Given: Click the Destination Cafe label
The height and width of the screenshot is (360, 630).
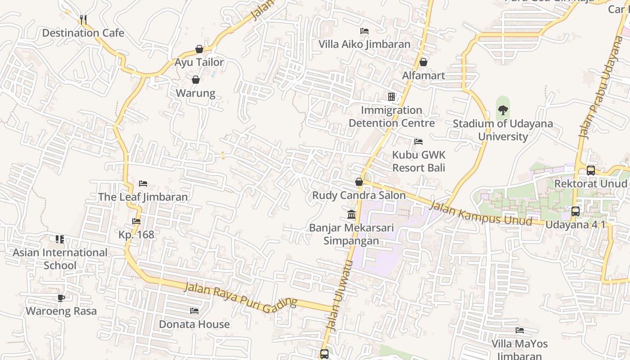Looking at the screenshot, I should coord(83,33).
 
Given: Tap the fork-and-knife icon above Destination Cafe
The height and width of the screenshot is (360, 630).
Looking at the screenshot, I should coord(83,19).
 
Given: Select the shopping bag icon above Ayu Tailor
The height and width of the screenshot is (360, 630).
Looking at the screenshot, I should coord(199,49).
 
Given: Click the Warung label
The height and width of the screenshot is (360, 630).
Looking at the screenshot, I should coord(195,93).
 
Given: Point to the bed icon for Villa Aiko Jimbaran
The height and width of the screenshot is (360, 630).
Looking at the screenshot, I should coord(364,31).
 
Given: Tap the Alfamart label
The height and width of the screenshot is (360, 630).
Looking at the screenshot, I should coord(423,75).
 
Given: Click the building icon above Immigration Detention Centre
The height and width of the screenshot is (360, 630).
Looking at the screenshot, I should coord(391,97).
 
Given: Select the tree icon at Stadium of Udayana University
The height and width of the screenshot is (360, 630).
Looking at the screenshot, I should coord(503,110).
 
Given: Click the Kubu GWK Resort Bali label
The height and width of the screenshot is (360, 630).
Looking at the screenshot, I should coord(418,161).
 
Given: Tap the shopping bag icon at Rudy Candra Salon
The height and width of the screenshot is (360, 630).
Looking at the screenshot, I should coord(359,182).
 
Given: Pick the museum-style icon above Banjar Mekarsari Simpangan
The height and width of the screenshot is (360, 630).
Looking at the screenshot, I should coord(351,214).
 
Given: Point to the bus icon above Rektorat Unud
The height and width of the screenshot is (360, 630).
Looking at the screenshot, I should coord(590,171).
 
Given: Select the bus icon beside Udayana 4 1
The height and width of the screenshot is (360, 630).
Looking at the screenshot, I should coord(575,211).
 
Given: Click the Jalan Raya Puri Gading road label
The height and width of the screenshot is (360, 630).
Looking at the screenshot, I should coord(241,295).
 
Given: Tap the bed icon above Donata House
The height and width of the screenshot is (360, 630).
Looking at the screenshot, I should coord(194,311).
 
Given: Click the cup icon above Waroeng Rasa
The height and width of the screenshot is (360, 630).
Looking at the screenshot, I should coord(61,298).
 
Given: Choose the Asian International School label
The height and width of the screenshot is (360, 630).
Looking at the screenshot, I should coord(60,259).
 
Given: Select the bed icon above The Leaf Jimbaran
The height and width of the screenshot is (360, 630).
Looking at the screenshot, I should coord(143,184).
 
